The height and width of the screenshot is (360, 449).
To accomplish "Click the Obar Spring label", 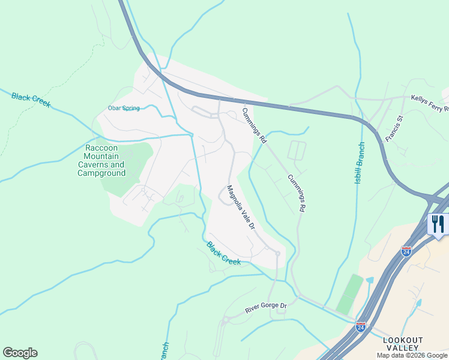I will (124, 109).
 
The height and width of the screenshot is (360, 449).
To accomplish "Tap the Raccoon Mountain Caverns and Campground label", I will (101, 160).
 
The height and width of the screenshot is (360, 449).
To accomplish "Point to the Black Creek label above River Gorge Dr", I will (223, 254).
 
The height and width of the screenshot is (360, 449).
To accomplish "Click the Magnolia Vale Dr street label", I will (241, 208).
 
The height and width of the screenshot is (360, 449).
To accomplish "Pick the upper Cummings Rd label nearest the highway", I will (254, 125).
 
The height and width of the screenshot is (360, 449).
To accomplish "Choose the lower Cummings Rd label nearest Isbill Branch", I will (297, 193).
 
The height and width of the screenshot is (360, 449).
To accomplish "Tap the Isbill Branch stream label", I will (359, 163).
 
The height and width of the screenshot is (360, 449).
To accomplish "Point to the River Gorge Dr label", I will (267, 308).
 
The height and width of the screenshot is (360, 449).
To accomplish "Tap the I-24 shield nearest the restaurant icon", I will (406, 251).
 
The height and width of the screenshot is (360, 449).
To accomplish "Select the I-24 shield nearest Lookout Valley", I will (360, 327).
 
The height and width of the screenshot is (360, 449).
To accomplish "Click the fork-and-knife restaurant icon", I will (438, 224).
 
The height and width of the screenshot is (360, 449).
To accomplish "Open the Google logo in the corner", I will (20, 353).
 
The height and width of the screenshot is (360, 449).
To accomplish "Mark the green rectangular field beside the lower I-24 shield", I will (349, 294).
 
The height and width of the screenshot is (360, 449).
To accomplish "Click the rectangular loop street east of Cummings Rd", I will (297, 150).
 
